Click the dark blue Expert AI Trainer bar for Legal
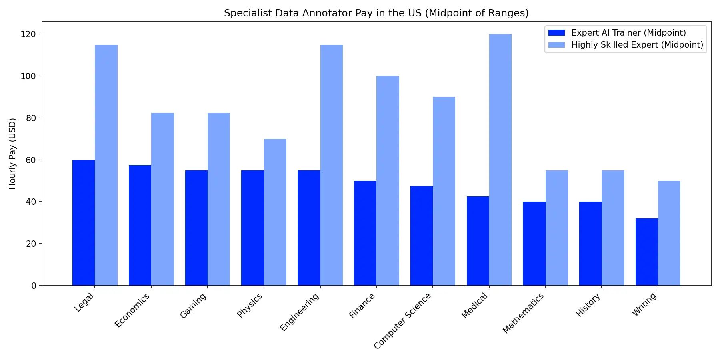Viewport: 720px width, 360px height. [84, 222]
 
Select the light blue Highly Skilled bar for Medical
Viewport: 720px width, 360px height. [500, 160]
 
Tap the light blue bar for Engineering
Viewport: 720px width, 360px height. [331, 165]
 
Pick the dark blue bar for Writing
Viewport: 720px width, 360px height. [646, 252]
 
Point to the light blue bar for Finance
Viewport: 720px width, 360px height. [388, 181]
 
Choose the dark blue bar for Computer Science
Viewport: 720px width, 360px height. [421, 236]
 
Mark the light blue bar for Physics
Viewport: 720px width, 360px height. [275, 212]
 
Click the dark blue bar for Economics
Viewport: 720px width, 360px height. [140, 225]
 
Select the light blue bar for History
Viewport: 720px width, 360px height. [613, 228]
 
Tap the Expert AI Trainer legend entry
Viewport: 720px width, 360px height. [628, 33]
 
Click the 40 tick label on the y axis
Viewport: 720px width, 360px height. [31, 202]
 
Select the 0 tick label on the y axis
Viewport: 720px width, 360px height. [34, 286]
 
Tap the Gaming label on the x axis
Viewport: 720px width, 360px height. [193, 306]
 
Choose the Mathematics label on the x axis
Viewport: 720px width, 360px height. [523, 313]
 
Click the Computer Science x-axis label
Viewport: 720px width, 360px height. [402, 321]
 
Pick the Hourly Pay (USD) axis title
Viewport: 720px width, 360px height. [13, 154]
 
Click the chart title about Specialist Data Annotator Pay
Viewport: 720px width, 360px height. [376, 13]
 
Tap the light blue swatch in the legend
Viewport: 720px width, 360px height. [556, 45]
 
